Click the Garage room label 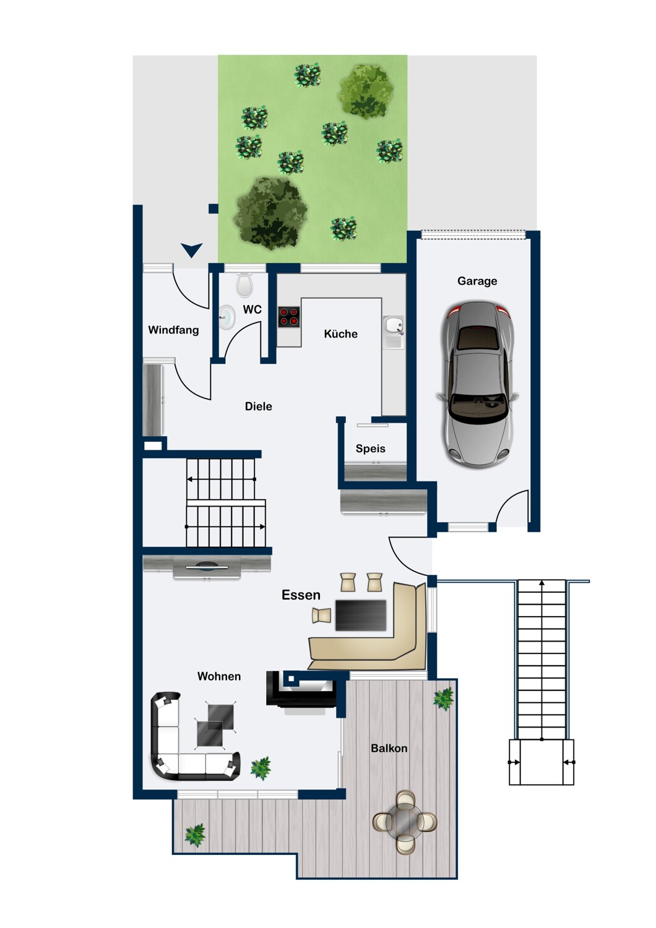pyautogui.click(x=477, y=281)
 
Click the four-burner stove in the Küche pyautogui.click(x=288, y=317)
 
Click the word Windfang pyautogui.click(x=173, y=330)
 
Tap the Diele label pyautogui.click(x=258, y=406)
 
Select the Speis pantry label pyautogui.click(x=370, y=449)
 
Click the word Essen pyautogui.click(x=301, y=595)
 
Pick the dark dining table pyautogui.click(x=361, y=615)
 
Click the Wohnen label pyautogui.click(x=219, y=676)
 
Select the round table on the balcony pyautogui.click(x=405, y=822)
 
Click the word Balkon pyautogui.click(x=389, y=748)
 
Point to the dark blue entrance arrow pyautogui.click(x=192, y=250)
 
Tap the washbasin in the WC pyautogui.click(x=227, y=317)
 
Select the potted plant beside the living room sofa pyautogui.click(x=261, y=768)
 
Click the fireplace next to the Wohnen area pyautogui.click(x=301, y=689)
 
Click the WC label pyautogui.click(x=252, y=309)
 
